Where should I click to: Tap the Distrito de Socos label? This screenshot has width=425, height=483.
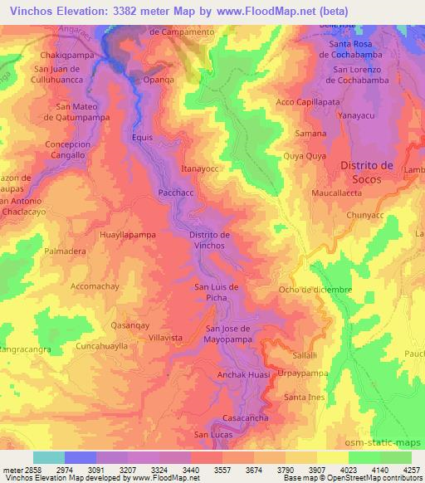(371, 173)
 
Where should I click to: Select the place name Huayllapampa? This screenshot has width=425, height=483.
(128, 236)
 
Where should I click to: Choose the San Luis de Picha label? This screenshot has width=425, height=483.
(217, 292)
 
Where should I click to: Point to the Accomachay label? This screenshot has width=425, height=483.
(98, 286)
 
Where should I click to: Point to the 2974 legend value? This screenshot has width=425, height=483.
(79, 469)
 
